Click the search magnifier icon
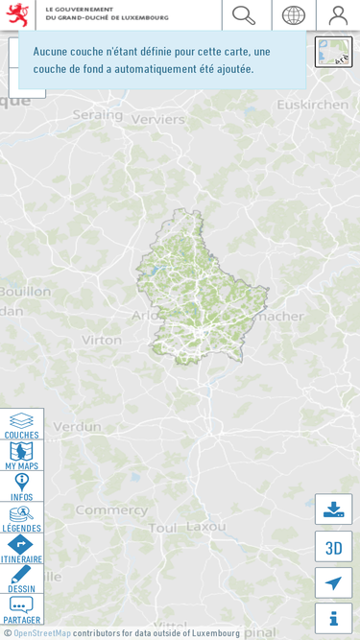[x=244, y=15]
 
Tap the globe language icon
[x=293, y=15]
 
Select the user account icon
[x=338, y=15]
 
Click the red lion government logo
[x=17, y=15]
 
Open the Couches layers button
[x=21, y=425]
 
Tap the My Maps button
[x=21, y=456]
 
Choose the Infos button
[x=21, y=486]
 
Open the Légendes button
[x=21, y=518]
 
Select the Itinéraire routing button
[x=21, y=549]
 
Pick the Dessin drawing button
[x=21, y=580]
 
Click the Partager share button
[x=21, y=609]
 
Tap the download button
[x=333, y=510]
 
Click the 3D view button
[x=333, y=547]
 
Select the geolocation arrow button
[x=333, y=582]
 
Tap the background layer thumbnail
[x=333, y=52]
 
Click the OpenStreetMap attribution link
[x=41, y=633]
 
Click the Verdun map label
[x=77, y=426]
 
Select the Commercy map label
[x=98, y=510]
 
